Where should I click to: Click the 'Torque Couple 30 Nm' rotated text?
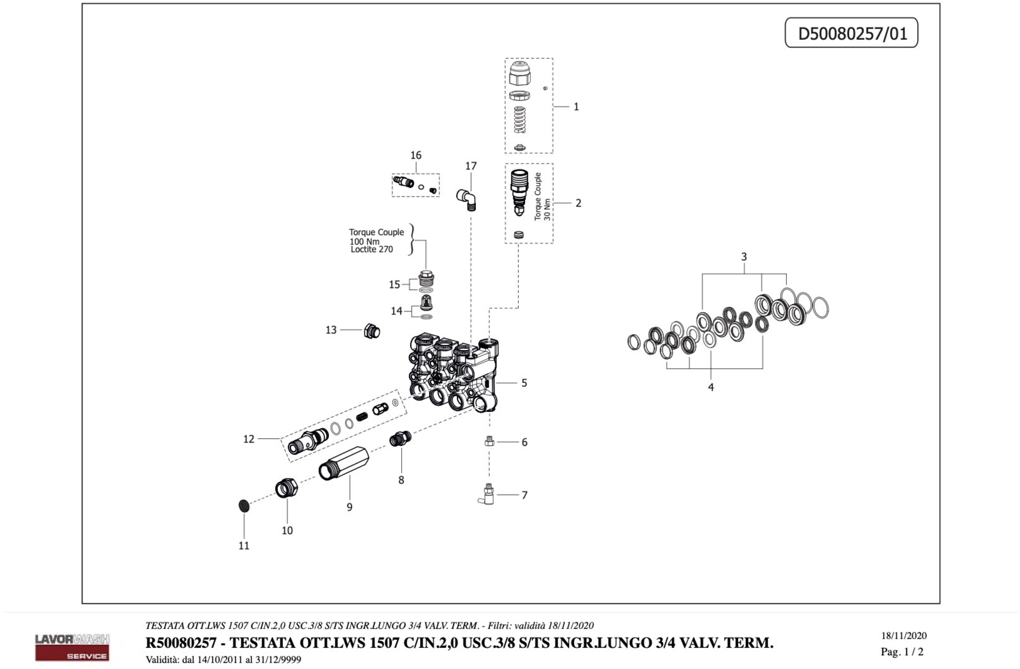tap(542, 197)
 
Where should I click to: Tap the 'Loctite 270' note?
tap(372, 249)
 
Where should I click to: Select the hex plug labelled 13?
tap(372, 331)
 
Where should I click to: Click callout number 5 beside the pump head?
tap(524, 383)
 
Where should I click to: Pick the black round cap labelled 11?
tap(244, 506)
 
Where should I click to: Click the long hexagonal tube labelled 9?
tap(344, 463)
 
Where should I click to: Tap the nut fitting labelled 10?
tap(287, 488)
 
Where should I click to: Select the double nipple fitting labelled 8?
tap(400, 439)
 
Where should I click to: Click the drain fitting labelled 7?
tap(487, 495)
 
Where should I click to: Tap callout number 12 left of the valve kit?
tap(249, 439)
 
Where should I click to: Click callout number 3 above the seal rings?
tap(744, 257)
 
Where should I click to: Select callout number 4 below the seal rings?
tap(710, 387)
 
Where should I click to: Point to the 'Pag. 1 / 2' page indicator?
tap(902, 652)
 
